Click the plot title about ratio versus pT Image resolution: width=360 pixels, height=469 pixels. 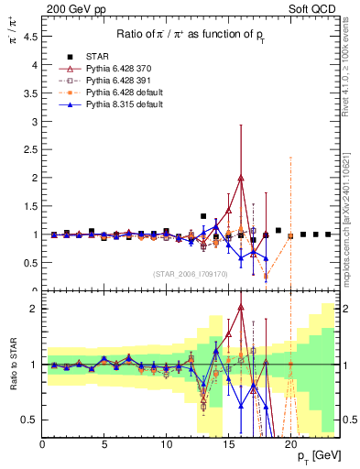191,34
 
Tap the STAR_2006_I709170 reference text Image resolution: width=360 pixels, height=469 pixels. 190,273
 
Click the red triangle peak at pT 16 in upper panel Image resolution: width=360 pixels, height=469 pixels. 241,178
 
